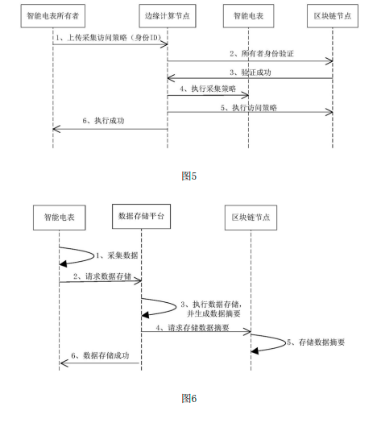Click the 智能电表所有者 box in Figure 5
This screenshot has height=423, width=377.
point(52,15)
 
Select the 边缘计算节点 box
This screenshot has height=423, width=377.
point(167,15)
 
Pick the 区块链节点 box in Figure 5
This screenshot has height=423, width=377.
point(333,15)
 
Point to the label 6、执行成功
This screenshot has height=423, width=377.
point(108,122)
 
